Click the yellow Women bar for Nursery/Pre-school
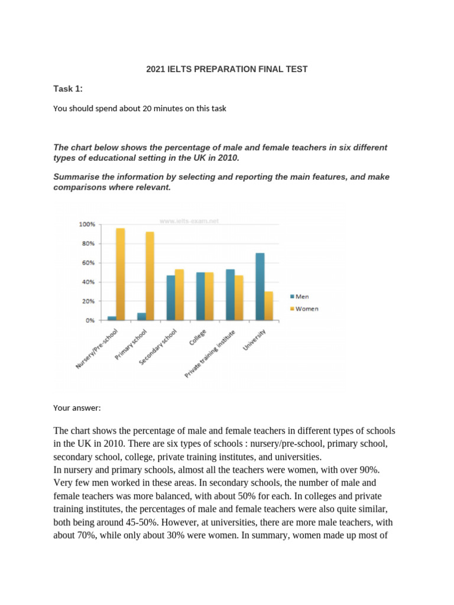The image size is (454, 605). pyautogui.click(x=120, y=274)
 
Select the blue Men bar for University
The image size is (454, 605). pyautogui.click(x=260, y=287)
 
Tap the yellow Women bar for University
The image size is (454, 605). pyautogui.click(x=269, y=305)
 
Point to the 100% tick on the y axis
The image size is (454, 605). pyautogui.click(x=86, y=225)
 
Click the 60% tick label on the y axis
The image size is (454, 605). pyautogui.click(x=88, y=263)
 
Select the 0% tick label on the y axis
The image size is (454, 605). pyautogui.click(x=90, y=320)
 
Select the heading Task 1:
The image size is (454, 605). pyautogui.click(x=68, y=89)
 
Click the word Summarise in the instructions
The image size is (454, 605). pyautogui.click(x=74, y=177)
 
